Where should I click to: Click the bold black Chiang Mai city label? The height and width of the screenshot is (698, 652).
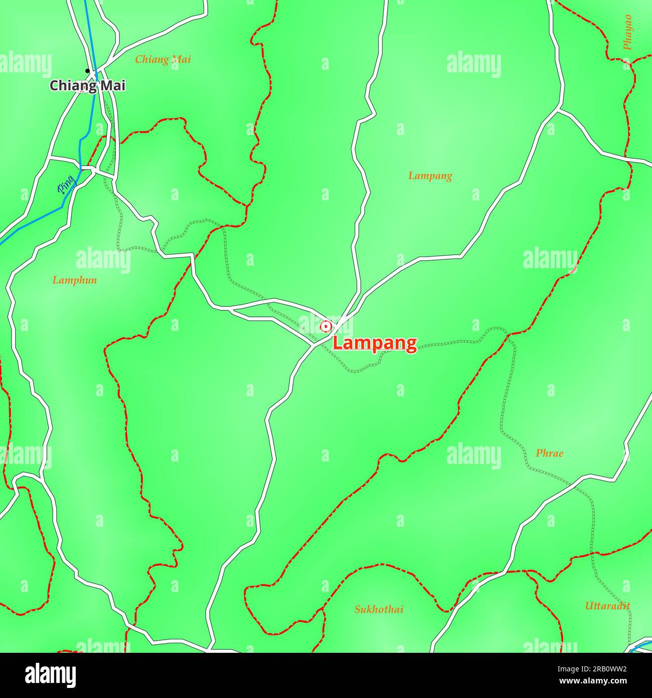pyautogui.click(x=87, y=86)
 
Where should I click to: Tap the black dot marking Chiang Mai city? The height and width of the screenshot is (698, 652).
pyautogui.click(x=87, y=71)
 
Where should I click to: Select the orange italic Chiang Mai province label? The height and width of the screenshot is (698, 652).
pyautogui.click(x=163, y=59)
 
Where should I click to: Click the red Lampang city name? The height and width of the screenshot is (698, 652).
pyautogui.click(x=375, y=343)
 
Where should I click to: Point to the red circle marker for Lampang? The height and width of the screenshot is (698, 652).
pyautogui.click(x=326, y=326)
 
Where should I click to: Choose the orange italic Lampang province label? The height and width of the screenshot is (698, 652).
pyautogui.click(x=430, y=176)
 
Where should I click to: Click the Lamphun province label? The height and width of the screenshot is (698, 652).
pyautogui.click(x=75, y=280)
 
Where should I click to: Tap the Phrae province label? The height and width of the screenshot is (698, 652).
pyautogui.click(x=549, y=453)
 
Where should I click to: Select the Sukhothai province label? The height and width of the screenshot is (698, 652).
pyautogui.click(x=379, y=610)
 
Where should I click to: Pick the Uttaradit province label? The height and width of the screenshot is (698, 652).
pyautogui.click(x=607, y=606)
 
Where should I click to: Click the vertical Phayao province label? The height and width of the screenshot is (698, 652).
pyautogui.click(x=627, y=32)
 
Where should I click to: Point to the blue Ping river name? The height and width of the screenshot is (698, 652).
pyautogui.click(x=66, y=185)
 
